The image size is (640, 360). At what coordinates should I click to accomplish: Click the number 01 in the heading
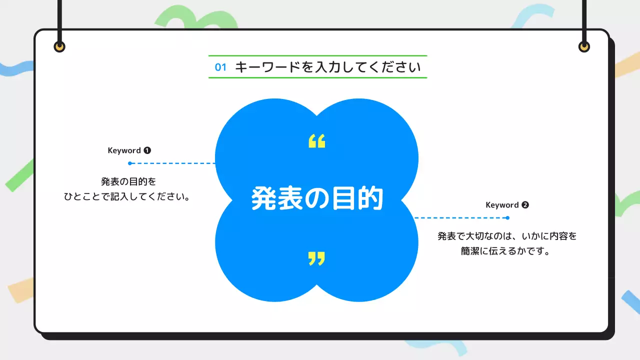pos(220,67)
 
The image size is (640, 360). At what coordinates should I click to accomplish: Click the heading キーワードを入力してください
pos(328,67)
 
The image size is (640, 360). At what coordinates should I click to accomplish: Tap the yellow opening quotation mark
pos(316,141)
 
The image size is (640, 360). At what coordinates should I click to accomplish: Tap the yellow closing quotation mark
pos(316,258)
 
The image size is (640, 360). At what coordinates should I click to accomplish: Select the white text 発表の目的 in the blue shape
pos(317,199)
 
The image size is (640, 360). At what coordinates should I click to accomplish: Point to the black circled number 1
pos(147,150)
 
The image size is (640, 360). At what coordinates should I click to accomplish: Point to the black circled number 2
pos(525,205)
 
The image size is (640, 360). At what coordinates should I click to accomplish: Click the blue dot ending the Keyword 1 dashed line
pos(130,163)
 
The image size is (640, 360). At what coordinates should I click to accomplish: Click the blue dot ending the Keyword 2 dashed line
pos(507,218)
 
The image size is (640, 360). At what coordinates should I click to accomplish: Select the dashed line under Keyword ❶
pos(172,163)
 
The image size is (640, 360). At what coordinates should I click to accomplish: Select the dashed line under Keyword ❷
pos(460,218)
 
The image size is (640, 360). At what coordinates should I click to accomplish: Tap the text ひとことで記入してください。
pos(129,196)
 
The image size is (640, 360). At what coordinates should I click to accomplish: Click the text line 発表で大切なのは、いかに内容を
pos(507,236)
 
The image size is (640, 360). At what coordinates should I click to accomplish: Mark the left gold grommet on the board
pos(59,47)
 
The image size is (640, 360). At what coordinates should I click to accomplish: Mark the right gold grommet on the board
pos(584,47)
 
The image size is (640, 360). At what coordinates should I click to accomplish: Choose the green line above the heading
pos(317,55)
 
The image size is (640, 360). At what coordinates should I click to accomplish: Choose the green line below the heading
pos(317,78)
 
